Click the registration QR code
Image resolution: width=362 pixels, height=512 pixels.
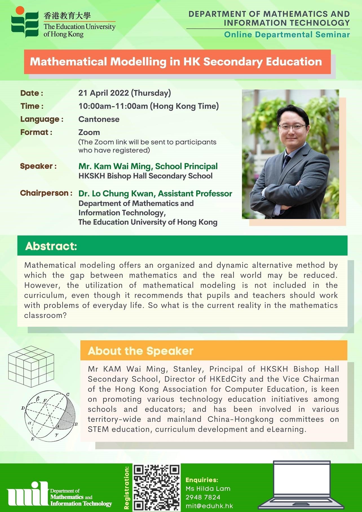pyautogui.click(x=156, y=487)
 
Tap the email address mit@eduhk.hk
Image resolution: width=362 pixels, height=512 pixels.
pyautogui.click(x=209, y=506)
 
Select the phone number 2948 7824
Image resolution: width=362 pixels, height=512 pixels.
pyautogui.click(x=203, y=497)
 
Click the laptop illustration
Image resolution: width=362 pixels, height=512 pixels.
pyautogui.click(x=301, y=485)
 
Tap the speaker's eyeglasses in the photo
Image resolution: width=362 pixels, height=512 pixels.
pyautogui.click(x=292, y=127)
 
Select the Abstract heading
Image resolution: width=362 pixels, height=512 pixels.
pyautogui.click(x=51, y=246)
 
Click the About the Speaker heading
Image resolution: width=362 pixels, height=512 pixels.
pyautogui.click(x=140, y=351)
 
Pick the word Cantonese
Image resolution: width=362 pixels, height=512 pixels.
pyautogui.click(x=99, y=119)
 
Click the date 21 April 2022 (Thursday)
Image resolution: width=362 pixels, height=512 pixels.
pyautogui.click(x=125, y=93)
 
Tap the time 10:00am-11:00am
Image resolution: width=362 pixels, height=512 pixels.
pyautogui.click(x=113, y=106)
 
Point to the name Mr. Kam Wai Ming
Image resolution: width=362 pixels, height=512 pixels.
pyautogui.click(x=115, y=166)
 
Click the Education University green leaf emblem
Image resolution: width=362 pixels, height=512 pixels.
pyautogui.click(x=25, y=22)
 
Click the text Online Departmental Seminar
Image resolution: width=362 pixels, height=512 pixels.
pyautogui.click(x=287, y=35)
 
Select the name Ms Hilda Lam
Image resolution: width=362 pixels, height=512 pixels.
pyautogui.click(x=208, y=489)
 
